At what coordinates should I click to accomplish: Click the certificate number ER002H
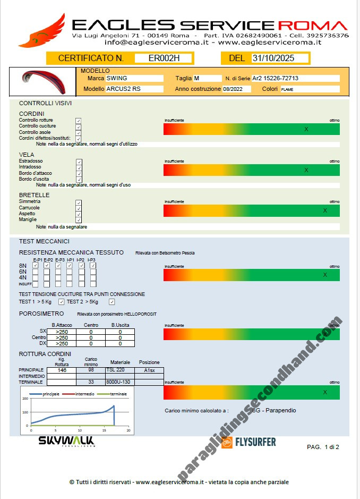click(164, 58)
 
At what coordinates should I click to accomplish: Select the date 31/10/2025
click(273, 58)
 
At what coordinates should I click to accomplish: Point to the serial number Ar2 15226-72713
click(275, 78)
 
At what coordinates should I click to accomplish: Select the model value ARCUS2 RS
click(123, 89)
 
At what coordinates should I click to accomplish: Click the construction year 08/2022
click(233, 89)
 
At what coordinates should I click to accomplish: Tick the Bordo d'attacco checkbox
click(79, 173)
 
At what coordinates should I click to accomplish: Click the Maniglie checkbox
click(79, 220)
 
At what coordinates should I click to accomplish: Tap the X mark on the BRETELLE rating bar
click(325, 211)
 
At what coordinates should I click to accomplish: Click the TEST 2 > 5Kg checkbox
click(112, 302)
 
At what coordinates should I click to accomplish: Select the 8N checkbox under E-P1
click(36, 265)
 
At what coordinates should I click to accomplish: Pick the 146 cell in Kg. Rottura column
click(62, 370)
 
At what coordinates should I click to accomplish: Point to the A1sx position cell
click(149, 370)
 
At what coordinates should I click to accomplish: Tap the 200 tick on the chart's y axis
click(24, 399)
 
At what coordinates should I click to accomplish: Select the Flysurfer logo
click(248, 442)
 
